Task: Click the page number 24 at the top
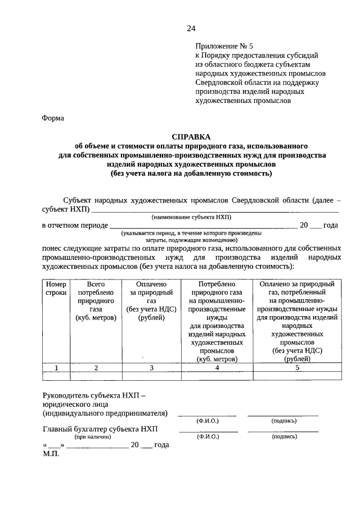pos(191,29)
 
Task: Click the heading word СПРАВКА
pos(191,137)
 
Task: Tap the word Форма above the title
pos(53,118)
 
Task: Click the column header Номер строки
pos(56,289)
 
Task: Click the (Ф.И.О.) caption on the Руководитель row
pos(208,420)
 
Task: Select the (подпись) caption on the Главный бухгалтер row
pos(283,436)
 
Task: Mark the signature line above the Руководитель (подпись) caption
pos(282,415)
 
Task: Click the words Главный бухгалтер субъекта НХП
pos(101,429)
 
